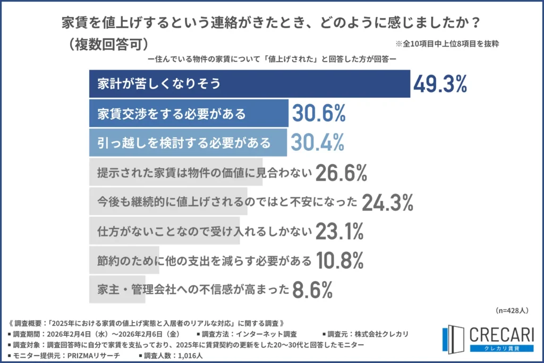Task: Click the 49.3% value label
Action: tap(440, 83)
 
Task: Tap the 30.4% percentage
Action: tap(317, 142)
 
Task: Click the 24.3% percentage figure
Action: tap(388, 202)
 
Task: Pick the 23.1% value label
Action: tap(339, 231)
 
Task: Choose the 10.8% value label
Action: tap(339, 260)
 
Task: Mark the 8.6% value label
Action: tap(312, 290)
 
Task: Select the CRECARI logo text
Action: tap(501, 334)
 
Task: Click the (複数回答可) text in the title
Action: tap(107, 44)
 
